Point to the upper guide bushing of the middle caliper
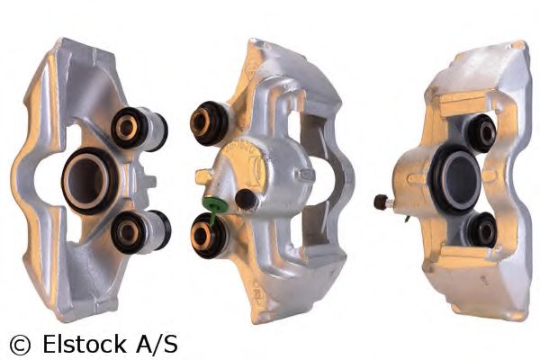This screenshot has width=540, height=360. tap(209, 123)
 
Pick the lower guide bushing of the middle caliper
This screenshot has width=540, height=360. tap(209, 236)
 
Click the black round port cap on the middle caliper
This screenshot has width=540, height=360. tap(247, 199)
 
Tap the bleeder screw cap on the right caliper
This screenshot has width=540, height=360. tap(380, 202)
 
